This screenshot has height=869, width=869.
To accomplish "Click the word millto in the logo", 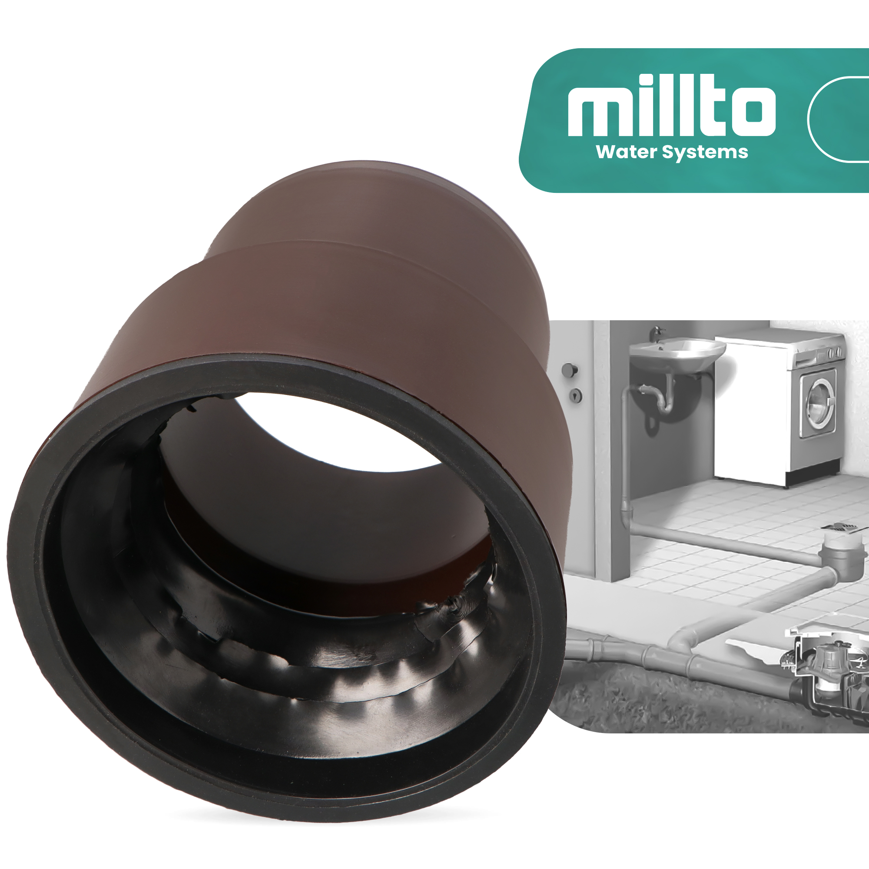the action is coord(672,105).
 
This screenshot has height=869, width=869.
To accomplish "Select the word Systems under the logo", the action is coord(705,153).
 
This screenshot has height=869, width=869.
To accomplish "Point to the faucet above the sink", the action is coord(657,333).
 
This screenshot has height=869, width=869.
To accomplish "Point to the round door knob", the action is coord(570,370).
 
